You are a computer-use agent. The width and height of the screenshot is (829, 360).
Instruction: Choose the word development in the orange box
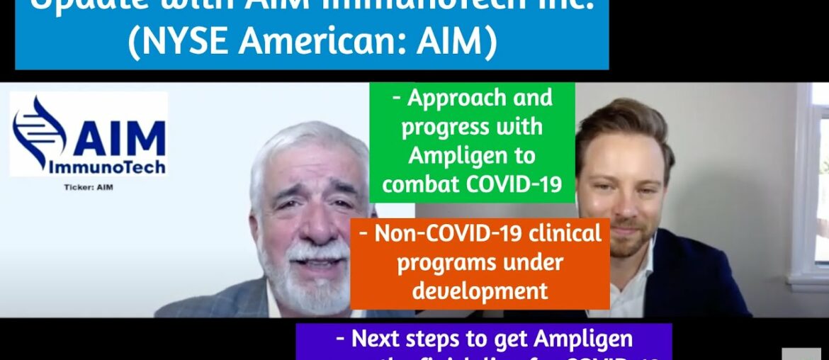480,291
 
